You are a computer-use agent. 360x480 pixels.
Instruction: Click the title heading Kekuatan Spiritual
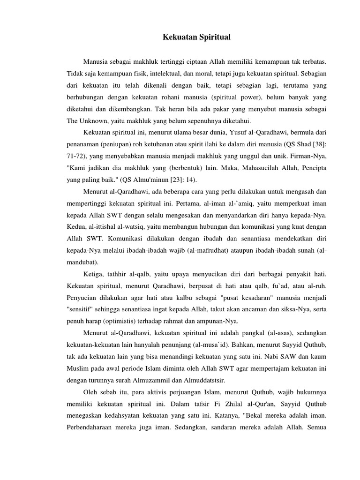click(x=196, y=37)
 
